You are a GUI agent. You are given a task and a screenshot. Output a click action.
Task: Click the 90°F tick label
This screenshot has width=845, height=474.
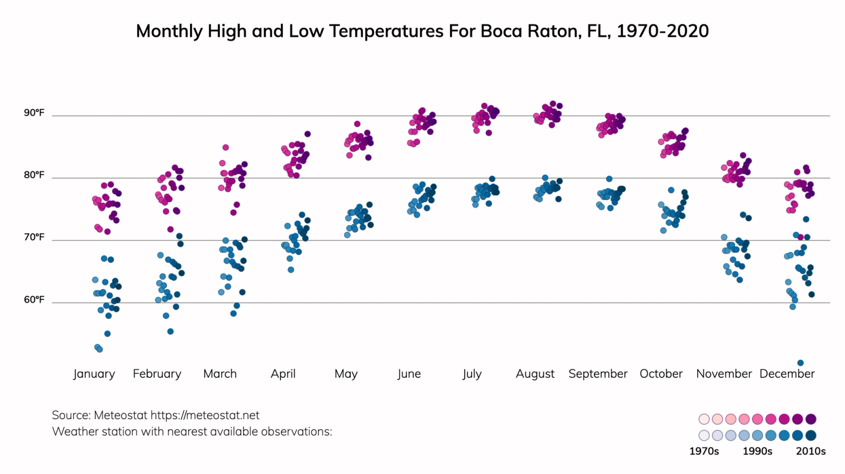pyautogui.click(x=34, y=113)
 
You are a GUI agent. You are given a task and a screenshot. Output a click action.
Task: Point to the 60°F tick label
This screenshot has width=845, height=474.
pyautogui.click(x=34, y=300)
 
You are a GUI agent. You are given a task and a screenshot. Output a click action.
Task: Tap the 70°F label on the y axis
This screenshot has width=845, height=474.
pyautogui.click(x=34, y=238)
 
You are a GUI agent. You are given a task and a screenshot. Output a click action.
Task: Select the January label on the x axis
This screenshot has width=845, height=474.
pyautogui.click(x=94, y=374)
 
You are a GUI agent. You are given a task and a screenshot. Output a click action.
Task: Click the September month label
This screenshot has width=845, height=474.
pyautogui.click(x=598, y=374)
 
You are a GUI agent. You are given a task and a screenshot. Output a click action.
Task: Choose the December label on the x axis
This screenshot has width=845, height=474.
pyautogui.click(x=787, y=374)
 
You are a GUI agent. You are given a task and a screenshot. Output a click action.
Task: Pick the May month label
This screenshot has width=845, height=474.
pyautogui.click(x=346, y=374)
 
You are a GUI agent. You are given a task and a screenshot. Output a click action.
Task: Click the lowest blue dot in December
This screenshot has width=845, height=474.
pyautogui.click(x=800, y=363)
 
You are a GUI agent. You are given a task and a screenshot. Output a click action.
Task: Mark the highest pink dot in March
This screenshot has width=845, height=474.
pyautogui.click(x=226, y=147)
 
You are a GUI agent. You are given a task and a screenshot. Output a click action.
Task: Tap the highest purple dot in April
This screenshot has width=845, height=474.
pyautogui.click(x=307, y=134)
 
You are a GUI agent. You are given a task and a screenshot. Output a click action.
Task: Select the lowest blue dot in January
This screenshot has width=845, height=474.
pyautogui.click(x=99, y=349)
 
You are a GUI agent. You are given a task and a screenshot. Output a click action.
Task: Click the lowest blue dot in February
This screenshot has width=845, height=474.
pyautogui.click(x=170, y=331)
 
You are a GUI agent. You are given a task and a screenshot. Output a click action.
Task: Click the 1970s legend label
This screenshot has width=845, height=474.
pyautogui.click(x=704, y=451)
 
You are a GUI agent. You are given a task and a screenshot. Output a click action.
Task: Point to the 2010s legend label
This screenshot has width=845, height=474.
pyautogui.click(x=811, y=451)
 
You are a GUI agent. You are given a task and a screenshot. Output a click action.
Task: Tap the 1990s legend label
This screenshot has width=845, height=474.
pyautogui.click(x=757, y=451)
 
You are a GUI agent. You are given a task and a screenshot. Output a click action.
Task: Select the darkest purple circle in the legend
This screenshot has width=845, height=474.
pyautogui.click(x=811, y=419)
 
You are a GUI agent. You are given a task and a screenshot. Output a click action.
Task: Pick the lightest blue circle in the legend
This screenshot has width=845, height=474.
pyautogui.click(x=704, y=435)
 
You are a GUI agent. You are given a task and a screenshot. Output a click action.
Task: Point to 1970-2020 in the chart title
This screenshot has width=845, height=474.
pyautogui.click(x=662, y=31)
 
